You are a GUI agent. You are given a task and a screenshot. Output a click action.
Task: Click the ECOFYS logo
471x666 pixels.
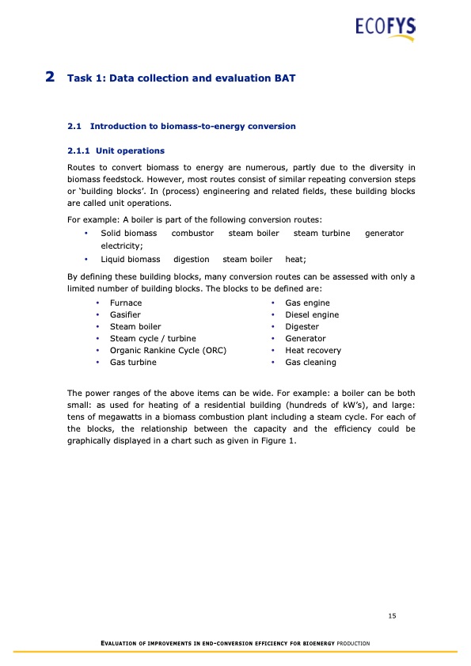385,29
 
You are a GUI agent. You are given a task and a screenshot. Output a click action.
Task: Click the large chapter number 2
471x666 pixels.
50,77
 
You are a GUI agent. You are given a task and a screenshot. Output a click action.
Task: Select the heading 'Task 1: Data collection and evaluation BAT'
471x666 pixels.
182,78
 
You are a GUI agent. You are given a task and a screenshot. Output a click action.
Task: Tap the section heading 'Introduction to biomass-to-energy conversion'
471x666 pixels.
193,126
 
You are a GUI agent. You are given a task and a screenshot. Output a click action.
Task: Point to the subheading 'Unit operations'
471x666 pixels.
130,150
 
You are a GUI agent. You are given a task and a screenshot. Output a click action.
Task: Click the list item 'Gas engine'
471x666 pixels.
307,303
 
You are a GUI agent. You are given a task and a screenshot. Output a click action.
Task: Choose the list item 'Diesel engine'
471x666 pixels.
312,315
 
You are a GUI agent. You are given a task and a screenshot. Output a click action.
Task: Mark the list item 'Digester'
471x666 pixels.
302,327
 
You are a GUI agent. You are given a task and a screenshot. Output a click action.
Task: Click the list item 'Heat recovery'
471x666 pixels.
313,351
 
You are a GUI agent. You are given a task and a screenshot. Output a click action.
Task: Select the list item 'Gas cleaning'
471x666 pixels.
310,363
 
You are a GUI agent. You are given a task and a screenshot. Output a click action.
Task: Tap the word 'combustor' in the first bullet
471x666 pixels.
192,234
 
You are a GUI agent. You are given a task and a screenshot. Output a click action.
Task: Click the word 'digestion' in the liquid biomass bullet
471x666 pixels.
191,259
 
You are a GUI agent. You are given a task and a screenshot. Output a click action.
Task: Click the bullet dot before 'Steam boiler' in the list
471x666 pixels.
97,327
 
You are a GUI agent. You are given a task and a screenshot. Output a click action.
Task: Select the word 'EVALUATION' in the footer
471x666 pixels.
117,643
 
